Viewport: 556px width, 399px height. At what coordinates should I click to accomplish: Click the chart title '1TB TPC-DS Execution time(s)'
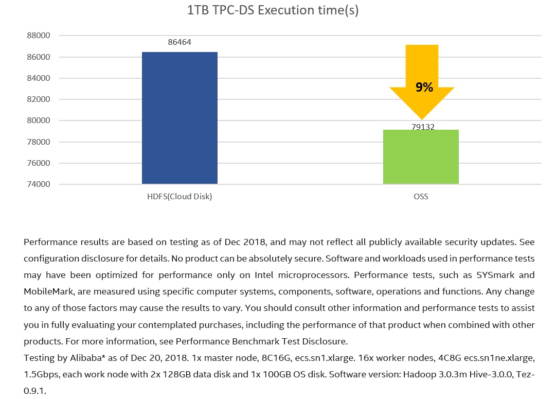click(x=273, y=11)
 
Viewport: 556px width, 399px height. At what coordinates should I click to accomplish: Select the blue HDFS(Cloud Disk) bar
click(x=180, y=118)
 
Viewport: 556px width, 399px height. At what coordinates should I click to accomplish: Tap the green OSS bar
click(x=421, y=157)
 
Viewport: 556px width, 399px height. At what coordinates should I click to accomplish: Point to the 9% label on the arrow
click(x=424, y=88)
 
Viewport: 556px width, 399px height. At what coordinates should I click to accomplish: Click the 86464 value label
click(x=180, y=42)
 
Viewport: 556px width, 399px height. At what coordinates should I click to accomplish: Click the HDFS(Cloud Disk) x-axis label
click(x=180, y=197)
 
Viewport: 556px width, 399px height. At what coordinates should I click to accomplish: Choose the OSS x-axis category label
click(x=421, y=197)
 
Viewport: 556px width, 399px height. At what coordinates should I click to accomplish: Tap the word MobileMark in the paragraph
click(x=47, y=291)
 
